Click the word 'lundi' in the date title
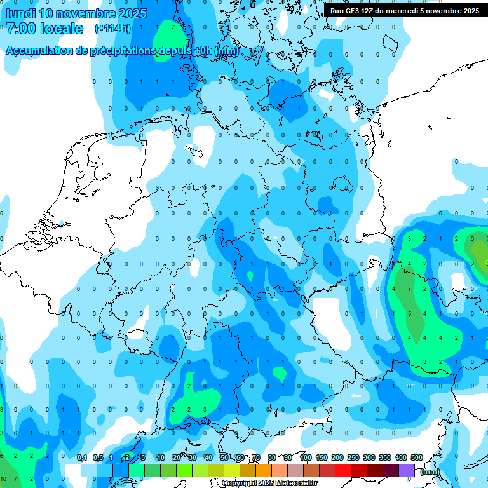20,13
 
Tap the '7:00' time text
20,29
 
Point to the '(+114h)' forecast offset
112,29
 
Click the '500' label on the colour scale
417,457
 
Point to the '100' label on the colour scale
306,457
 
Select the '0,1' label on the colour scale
82,457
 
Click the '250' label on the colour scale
353,457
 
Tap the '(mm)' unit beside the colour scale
431,471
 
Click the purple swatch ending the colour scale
407,470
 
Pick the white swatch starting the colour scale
73,470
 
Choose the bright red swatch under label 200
343,470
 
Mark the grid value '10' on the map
4,478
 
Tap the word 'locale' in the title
62,29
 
